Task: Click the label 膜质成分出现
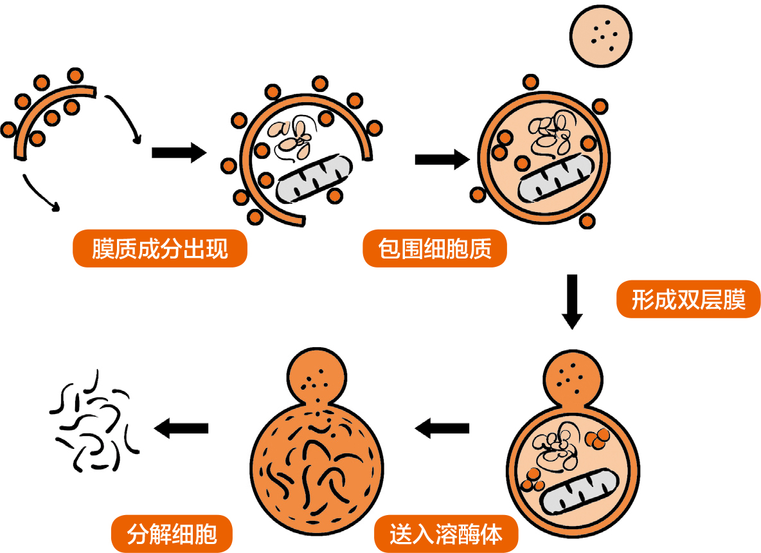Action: click(x=159, y=249)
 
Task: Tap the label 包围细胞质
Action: click(x=435, y=249)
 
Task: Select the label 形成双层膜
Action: click(x=688, y=300)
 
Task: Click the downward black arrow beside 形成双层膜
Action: click(x=572, y=302)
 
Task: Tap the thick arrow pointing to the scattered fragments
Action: click(x=181, y=428)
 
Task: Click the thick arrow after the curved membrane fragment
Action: click(x=179, y=152)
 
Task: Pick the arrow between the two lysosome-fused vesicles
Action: click(x=442, y=428)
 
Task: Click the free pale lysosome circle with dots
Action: click(x=601, y=37)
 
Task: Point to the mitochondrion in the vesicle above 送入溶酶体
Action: click(x=580, y=491)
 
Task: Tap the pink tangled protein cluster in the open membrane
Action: click(x=292, y=140)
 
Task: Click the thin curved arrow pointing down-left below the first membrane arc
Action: click(x=40, y=194)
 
